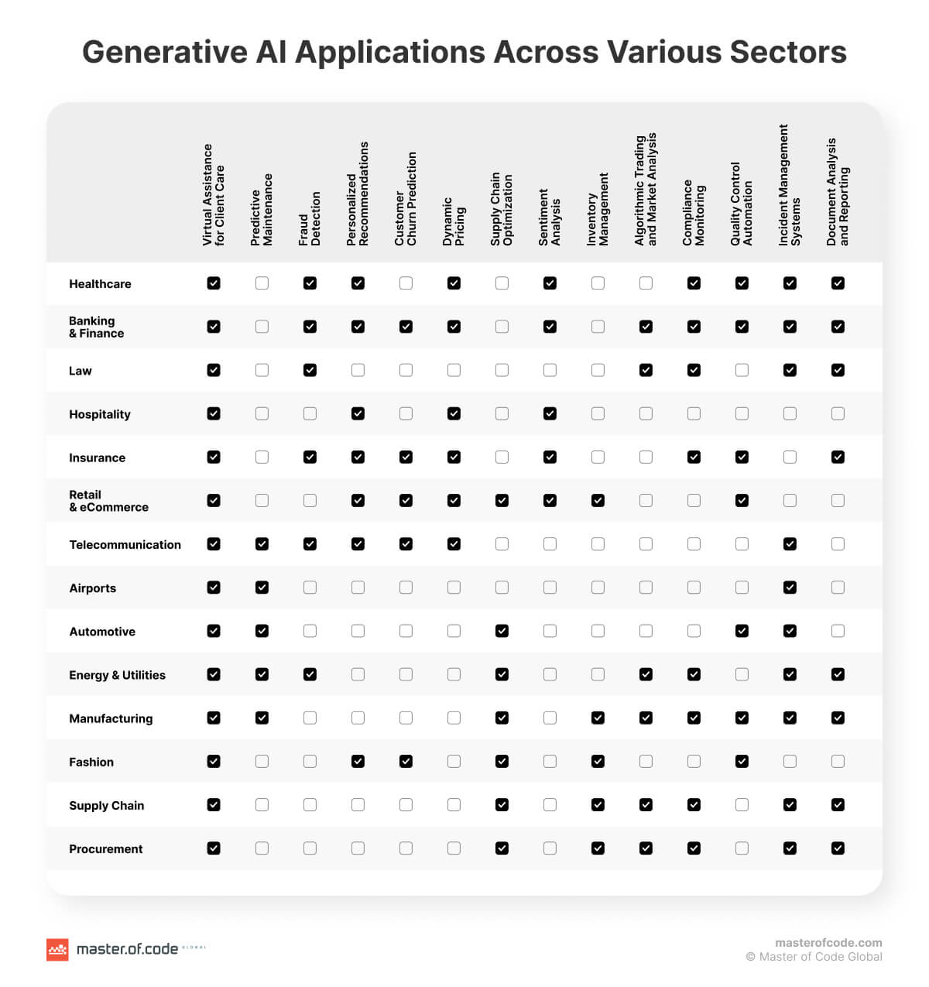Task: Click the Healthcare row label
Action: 100,284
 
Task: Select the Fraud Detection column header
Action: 310,219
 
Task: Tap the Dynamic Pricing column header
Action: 454,221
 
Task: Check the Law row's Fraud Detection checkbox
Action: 310,370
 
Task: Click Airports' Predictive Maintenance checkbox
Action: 262,588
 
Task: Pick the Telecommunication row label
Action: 125,545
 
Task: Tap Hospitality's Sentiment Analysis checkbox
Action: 550,413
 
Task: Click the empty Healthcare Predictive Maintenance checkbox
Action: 262,283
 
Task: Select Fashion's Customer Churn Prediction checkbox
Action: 406,761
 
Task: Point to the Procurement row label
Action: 106,849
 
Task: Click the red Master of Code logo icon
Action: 57,949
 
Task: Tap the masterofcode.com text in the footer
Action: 828,942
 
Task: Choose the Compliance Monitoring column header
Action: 694,213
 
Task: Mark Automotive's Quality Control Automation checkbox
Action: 742,631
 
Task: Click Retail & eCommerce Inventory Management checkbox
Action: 598,500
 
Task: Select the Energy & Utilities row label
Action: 117,675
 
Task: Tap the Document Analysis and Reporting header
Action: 838,192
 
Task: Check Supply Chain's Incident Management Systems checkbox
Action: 790,804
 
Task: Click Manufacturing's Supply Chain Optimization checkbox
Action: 502,718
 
